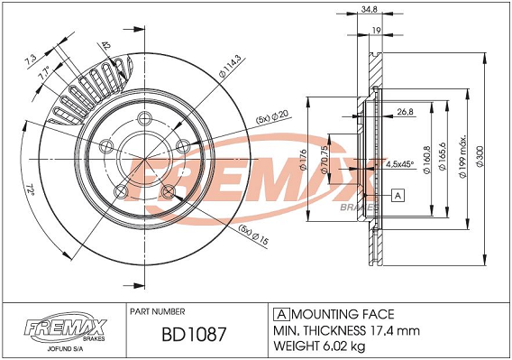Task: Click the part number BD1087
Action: point(194,334)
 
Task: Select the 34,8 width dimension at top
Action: point(370,10)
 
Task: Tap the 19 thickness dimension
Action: point(376,30)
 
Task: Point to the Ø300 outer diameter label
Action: point(480,156)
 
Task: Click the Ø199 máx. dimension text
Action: point(463,156)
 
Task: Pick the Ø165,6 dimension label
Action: point(443,156)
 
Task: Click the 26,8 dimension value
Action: point(406,112)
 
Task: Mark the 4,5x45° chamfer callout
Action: point(399,163)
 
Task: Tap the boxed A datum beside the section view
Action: point(398,195)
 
